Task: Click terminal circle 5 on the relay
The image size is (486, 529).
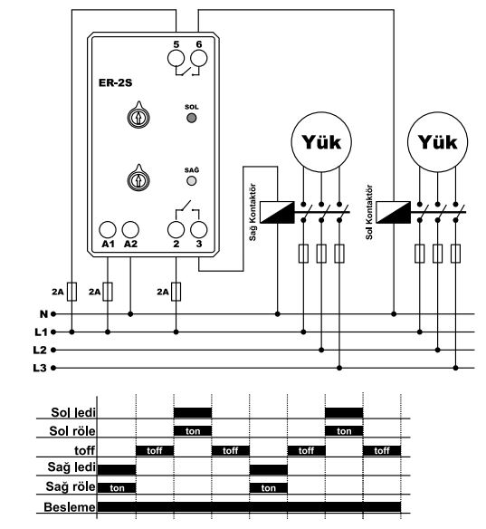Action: [x=176, y=58]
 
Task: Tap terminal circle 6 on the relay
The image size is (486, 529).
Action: [x=199, y=58]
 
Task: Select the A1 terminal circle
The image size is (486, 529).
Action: [x=108, y=230]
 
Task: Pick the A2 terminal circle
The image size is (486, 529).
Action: [x=130, y=230]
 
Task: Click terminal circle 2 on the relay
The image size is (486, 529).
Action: [x=176, y=230]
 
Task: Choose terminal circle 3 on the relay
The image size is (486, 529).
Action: [x=199, y=230]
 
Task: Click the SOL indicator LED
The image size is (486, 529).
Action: [x=192, y=118]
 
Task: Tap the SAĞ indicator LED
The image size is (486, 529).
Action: [x=192, y=181]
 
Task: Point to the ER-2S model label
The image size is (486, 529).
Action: [x=115, y=82]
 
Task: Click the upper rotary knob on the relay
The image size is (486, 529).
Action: [x=138, y=116]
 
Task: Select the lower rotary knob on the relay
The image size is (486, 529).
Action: [x=138, y=179]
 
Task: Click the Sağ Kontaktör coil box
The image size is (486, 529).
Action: [x=277, y=212]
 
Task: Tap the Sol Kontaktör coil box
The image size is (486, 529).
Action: [x=394, y=212]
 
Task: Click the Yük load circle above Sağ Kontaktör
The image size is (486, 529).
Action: [x=321, y=142]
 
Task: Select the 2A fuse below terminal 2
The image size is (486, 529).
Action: [x=176, y=292]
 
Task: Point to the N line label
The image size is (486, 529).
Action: [x=43, y=314]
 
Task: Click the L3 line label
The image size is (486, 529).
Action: [x=40, y=368]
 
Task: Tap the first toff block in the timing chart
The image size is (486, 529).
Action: [x=155, y=450]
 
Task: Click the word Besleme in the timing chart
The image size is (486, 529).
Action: [x=70, y=507]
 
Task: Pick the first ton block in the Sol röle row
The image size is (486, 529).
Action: [x=193, y=431]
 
